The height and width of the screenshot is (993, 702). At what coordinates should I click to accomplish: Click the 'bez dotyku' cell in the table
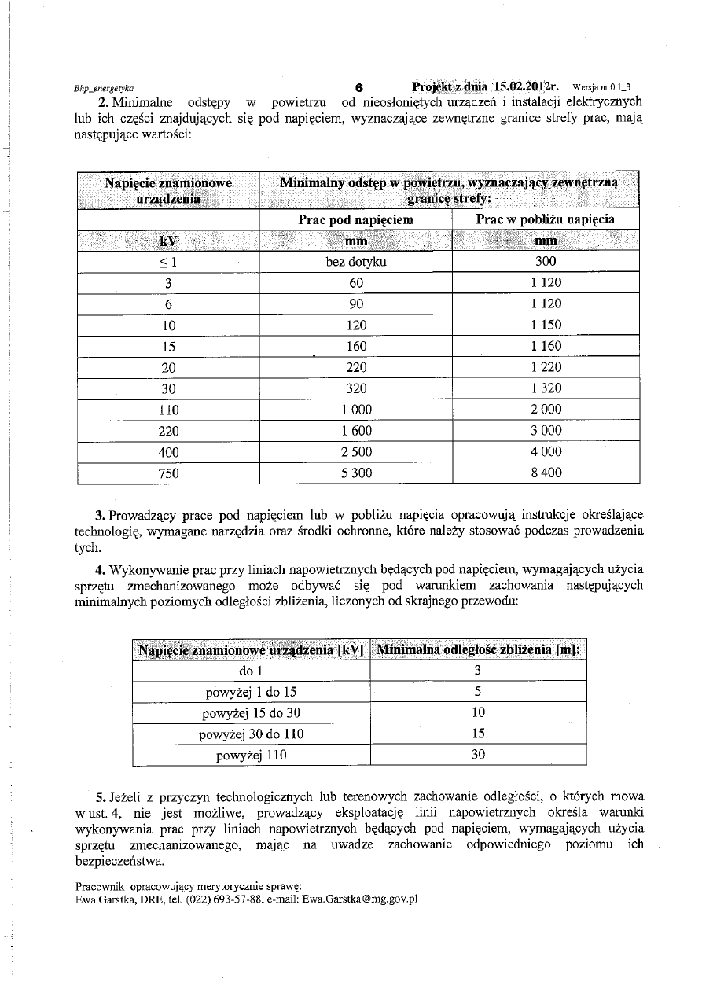click(x=355, y=262)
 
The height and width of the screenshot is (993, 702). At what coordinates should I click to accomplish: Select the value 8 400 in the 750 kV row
click(x=546, y=473)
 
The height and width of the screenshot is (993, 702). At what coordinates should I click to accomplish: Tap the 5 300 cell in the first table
click(x=355, y=473)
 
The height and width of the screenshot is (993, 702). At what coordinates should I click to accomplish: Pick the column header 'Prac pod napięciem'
click(x=355, y=219)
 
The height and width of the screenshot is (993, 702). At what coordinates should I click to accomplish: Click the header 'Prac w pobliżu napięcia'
click(x=546, y=219)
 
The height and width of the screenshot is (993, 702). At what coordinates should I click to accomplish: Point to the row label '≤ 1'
click(x=168, y=262)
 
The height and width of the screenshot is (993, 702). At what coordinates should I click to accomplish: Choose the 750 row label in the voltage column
click(x=168, y=473)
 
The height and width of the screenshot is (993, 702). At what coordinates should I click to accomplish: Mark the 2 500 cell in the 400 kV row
click(x=355, y=452)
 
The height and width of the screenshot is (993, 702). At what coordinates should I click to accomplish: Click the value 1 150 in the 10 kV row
click(x=546, y=325)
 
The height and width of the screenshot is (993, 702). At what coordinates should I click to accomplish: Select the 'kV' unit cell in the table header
click(x=168, y=241)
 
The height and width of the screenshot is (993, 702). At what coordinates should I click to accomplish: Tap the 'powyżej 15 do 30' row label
click(x=250, y=712)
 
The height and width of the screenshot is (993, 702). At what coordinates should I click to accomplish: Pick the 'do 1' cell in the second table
click(x=250, y=671)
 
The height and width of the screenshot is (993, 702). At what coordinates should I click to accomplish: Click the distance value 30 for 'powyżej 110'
click(x=478, y=755)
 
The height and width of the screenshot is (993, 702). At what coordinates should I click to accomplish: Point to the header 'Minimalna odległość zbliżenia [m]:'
click(x=478, y=649)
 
